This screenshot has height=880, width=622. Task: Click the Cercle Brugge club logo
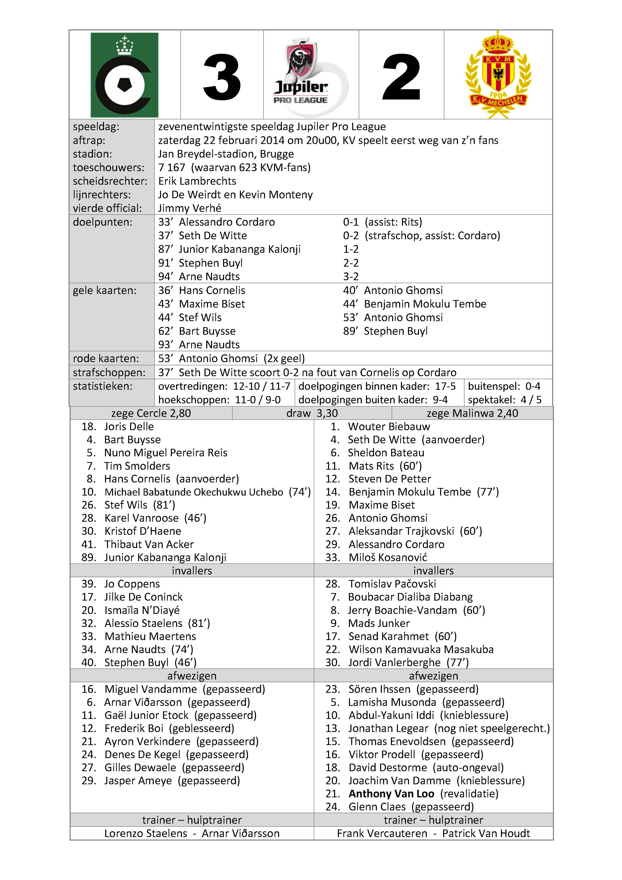[124, 75]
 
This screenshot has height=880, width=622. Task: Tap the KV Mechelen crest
[498, 75]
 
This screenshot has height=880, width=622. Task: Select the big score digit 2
[401, 77]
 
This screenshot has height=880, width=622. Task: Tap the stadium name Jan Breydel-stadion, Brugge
[226, 154]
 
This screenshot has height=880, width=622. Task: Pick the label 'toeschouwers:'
[109, 168]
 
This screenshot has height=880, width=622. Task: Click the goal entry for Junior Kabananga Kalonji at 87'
[239, 249]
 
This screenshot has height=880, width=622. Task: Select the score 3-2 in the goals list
[351, 276]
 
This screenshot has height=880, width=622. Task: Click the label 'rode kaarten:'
[106, 358]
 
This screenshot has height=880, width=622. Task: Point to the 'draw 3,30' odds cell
[312, 413]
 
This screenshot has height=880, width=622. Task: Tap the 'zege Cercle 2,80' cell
[151, 413]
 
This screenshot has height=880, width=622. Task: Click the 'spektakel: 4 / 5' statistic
[504, 400]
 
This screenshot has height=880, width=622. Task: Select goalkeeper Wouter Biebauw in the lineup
[389, 427]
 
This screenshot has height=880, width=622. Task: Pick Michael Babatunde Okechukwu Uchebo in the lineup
[194, 492]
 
